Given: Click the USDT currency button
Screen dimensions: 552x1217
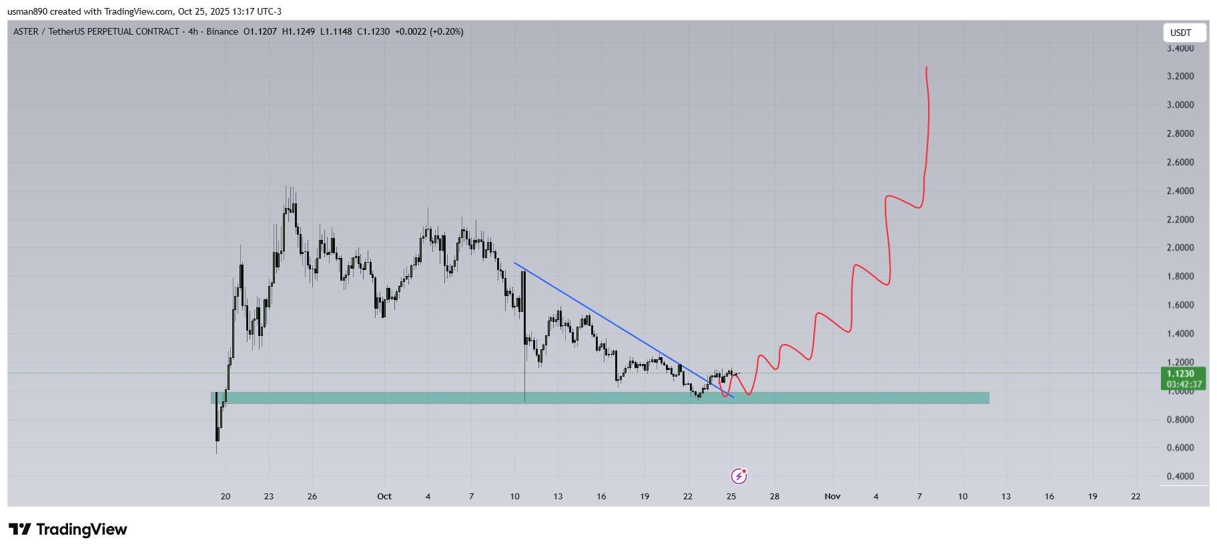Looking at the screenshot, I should [x=1184, y=33].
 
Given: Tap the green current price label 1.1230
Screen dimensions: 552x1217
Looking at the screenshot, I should [x=1183, y=374].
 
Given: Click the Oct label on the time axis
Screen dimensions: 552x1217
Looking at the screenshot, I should [x=384, y=497].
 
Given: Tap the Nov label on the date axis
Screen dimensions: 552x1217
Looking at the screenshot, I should [x=832, y=497].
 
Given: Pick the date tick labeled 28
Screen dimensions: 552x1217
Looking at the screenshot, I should [x=775, y=497].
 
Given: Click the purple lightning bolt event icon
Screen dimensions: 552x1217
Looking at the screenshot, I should [x=739, y=476].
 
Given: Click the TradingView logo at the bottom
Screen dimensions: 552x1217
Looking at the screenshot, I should [x=67, y=530].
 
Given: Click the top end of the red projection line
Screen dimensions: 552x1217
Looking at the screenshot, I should [x=926, y=68].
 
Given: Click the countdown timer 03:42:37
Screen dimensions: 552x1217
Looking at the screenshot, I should [x=1183, y=385].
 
